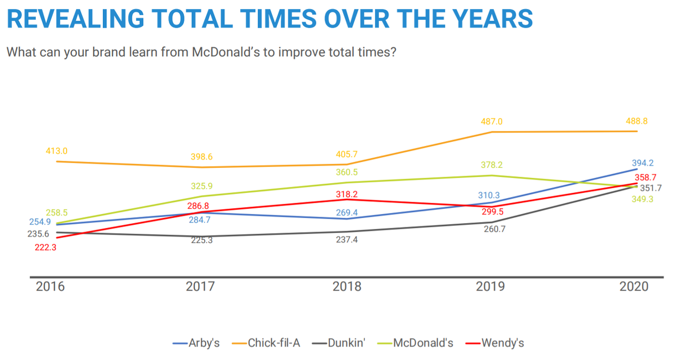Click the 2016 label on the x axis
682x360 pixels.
click(50, 287)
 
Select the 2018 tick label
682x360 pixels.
click(347, 287)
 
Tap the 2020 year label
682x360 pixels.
click(634, 287)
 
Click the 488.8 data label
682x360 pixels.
click(637, 121)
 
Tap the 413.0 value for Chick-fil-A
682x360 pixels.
click(56, 151)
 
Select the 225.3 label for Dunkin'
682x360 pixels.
click(202, 240)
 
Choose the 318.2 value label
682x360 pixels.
click(347, 195)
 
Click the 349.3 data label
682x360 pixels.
click(645, 199)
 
